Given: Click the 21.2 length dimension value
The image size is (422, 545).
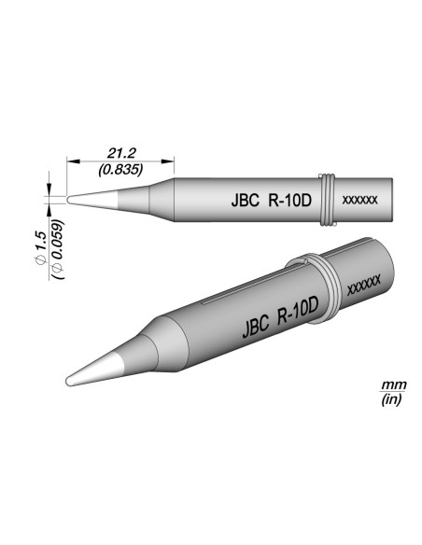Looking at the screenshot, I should pos(120,153).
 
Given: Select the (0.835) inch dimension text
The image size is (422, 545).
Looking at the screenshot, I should pos(120,169).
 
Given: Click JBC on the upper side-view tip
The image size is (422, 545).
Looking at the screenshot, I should pos(244,200).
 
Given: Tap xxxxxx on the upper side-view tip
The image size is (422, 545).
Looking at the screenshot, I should pos(360,201).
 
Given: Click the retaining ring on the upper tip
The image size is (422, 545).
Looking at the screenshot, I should pos(327,199).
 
